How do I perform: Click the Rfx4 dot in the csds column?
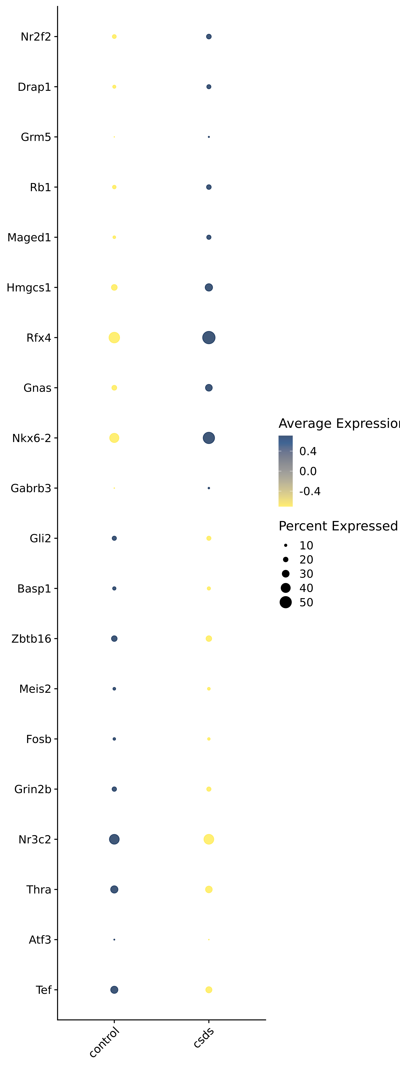pos(209,338)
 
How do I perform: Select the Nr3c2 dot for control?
pos(114,839)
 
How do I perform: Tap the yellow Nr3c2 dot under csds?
pos(209,839)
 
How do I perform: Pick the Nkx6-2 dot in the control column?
pos(114,438)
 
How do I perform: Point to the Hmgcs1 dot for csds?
pos(209,287)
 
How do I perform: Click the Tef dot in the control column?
pos(114,990)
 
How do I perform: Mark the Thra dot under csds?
pos(209,889)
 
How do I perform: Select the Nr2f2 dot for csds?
pos(209,36)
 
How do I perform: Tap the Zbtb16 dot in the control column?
pos(114,639)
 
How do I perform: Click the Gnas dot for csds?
pos(209,388)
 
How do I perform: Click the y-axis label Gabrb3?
pos(31,488)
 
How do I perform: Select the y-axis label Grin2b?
pos(33,789)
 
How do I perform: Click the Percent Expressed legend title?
pos(338,526)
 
